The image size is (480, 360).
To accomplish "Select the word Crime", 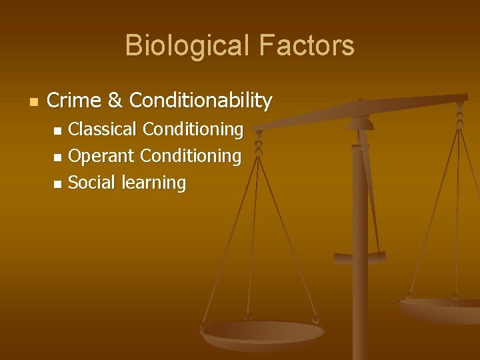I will point(74,101).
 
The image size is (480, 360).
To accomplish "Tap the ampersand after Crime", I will point(115,101).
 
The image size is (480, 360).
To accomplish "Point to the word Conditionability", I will point(201,101).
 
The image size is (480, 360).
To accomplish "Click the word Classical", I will point(103,129).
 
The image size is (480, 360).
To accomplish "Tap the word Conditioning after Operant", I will point(191,156).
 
